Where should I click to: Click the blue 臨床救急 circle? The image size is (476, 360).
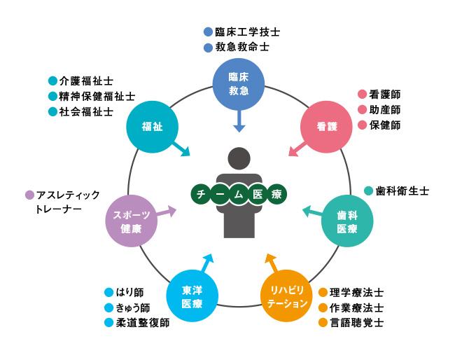coord(239,84)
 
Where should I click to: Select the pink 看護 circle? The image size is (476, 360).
coord(325,126)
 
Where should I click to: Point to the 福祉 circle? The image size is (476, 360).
coord(151,126)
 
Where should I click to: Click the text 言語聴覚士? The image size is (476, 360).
coord(356,323)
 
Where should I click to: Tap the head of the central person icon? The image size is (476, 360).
coord(238,159)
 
